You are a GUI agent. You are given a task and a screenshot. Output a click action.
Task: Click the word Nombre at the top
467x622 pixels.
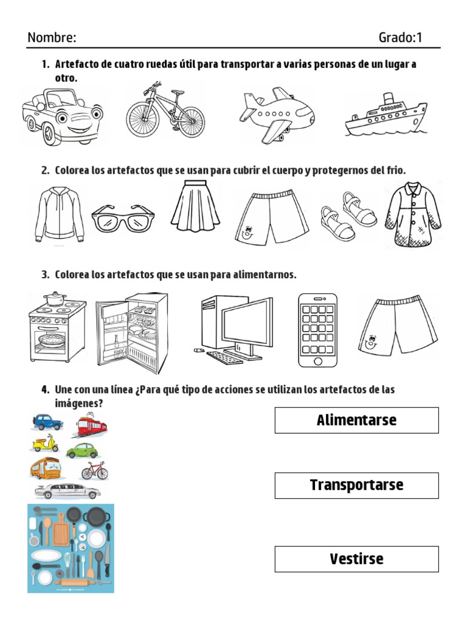coord(52,38)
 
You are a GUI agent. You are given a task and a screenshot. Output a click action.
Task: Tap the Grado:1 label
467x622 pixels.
coord(400,38)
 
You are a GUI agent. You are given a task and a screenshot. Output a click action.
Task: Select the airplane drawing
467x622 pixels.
coord(276,114)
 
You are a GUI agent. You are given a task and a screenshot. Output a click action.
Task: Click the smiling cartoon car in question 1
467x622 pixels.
coord(62,116)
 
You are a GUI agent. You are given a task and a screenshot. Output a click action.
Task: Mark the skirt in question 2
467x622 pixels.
coord(195,207)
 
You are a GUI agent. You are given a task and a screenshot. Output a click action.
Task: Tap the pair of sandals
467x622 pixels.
coord(348,216)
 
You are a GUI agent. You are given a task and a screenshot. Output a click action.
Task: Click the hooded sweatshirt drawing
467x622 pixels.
coord(59,213)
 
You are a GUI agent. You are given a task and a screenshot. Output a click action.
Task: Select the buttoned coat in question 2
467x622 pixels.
coord(413,214)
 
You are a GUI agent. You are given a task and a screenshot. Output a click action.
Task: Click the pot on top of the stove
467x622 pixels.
coord(55,298)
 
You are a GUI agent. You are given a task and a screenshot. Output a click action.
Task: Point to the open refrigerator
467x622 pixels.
coord(131,333)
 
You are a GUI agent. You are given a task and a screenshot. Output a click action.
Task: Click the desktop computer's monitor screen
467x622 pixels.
coord(246,325)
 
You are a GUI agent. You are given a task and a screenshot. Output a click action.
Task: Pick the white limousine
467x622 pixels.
coord(67,490)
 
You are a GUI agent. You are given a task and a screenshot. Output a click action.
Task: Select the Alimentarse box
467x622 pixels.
coord(356,420)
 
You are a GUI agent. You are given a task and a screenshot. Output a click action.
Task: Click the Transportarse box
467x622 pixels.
coord(356,485)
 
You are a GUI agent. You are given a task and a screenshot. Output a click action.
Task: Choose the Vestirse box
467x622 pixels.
coord(356,559)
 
